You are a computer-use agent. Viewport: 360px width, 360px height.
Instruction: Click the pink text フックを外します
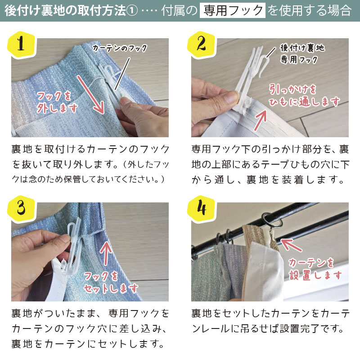pos(57,102)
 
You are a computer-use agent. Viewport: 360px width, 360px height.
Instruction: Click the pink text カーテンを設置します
pos(315,269)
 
